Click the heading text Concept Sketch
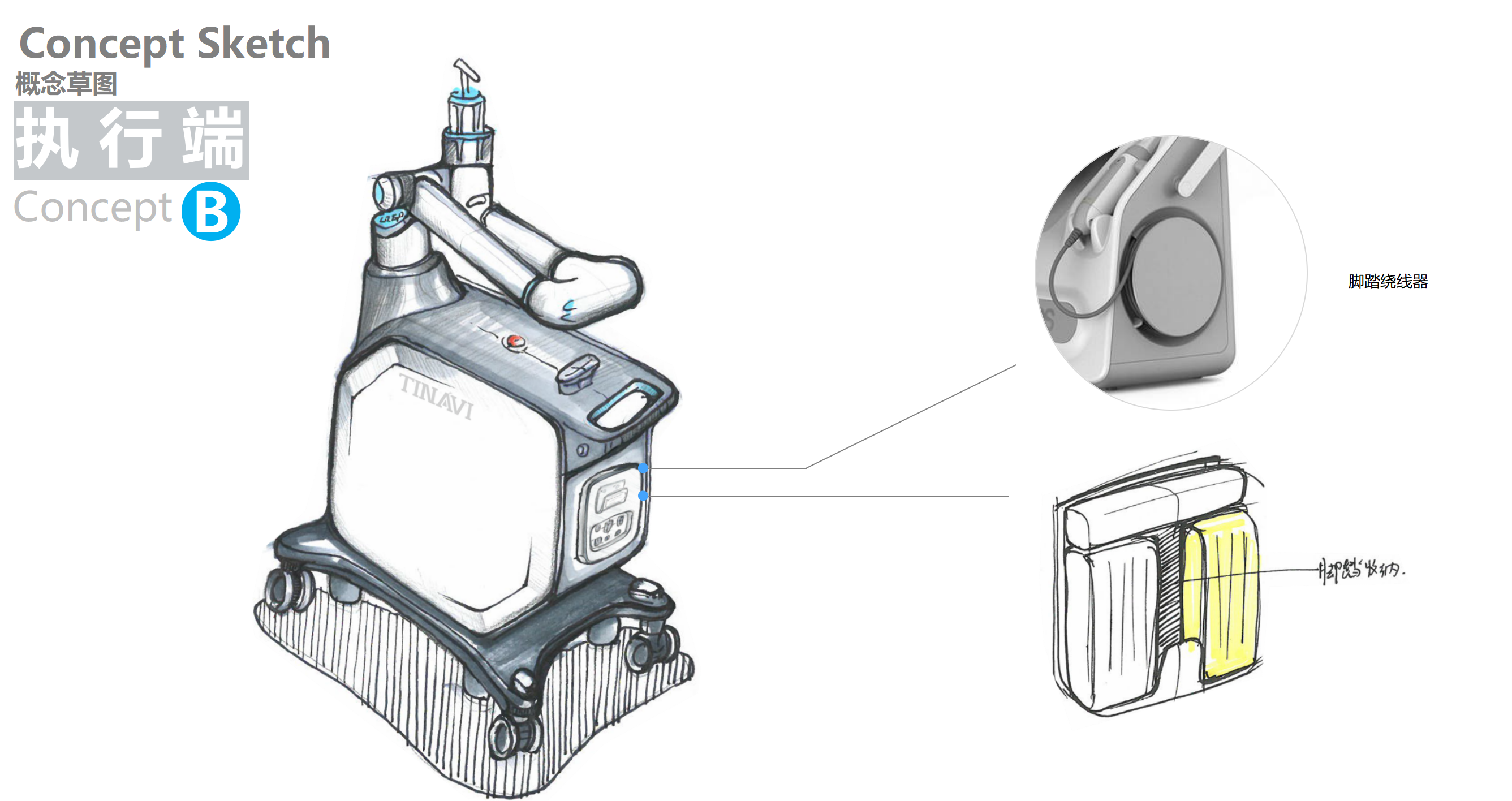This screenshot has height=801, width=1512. (174, 44)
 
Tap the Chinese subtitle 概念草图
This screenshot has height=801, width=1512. (66, 84)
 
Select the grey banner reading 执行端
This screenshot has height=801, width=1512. (131, 140)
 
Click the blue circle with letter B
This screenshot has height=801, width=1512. (211, 211)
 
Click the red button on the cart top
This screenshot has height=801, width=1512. (515, 341)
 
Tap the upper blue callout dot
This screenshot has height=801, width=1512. (643, 468)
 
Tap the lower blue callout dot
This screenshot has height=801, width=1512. (643, 496)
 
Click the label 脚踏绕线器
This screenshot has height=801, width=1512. (1388, 282)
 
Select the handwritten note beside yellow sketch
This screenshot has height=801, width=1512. (1362, 570)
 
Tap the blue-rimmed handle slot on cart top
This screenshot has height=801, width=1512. (625, 405)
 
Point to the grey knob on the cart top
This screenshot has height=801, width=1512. (577, 372)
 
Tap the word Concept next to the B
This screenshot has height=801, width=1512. (93, 208)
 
